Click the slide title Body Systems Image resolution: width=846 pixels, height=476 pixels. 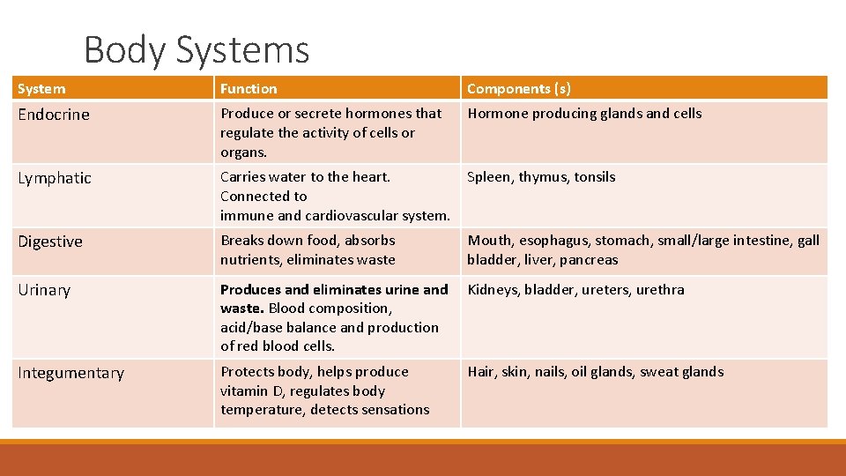197,50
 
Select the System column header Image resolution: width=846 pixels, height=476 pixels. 41,89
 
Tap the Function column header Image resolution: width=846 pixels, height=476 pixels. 249,89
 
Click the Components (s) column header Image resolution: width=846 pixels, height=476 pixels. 519,89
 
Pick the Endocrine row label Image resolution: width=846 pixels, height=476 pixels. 54,115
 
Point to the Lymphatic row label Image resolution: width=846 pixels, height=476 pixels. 55,178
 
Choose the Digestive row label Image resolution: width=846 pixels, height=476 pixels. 50,242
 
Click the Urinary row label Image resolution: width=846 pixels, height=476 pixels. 44,290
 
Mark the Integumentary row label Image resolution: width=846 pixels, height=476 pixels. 70,373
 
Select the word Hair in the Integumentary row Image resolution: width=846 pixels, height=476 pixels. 481,372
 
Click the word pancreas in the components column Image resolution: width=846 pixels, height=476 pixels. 590,260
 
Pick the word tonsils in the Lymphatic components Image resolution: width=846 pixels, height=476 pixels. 595,177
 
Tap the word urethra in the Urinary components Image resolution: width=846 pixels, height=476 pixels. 660,289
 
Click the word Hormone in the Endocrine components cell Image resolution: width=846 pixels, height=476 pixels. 498,114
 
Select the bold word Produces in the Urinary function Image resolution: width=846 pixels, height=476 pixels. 250,289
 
